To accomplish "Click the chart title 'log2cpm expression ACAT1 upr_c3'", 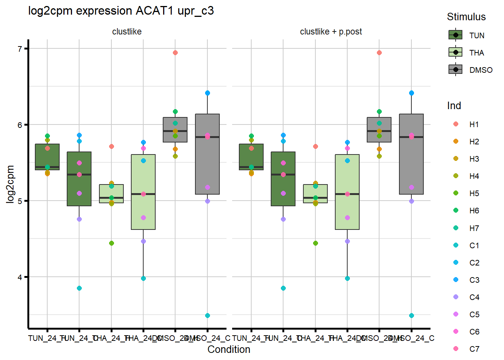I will coord(121,11).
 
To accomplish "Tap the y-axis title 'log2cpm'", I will coord(10,184).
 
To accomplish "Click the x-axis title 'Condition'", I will coord(229,349).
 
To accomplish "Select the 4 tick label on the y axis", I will coord(20,277).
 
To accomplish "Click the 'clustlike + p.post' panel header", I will coord(331,32).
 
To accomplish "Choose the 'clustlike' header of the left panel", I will coord(127,32).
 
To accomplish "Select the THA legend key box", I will coord(456,52).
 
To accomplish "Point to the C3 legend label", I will coord(474,280).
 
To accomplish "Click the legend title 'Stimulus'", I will coord(466,17).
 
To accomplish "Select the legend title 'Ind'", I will coord(454,106).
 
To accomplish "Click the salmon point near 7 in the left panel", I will coord(175,53).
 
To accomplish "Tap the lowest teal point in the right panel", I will coord(411,316).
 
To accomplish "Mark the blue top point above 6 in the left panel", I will coord(207,93).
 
